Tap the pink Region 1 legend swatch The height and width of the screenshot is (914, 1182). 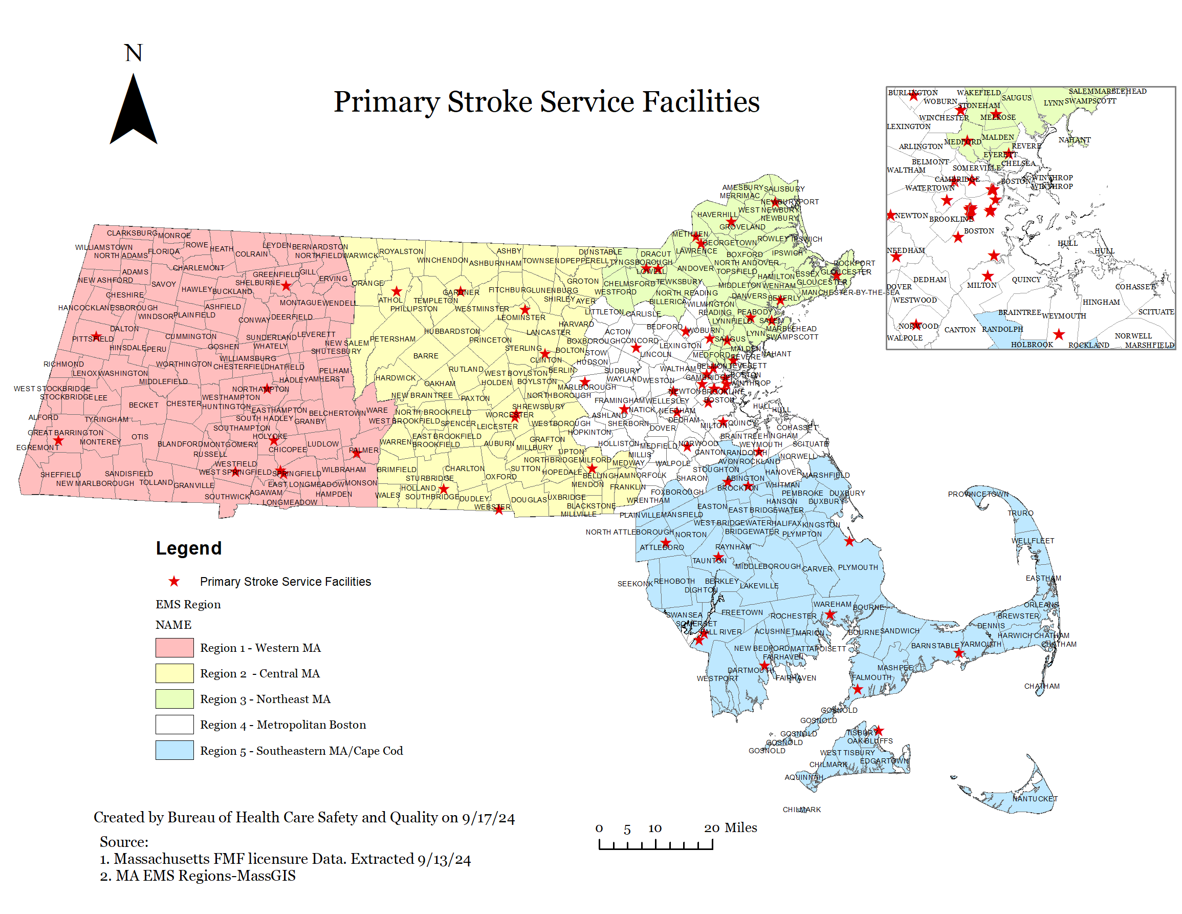coord(174,648)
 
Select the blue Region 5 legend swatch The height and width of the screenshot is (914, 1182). coord(174,750)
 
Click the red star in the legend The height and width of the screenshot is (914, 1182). coord(174,582)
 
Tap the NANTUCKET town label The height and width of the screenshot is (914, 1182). coord(1034,799)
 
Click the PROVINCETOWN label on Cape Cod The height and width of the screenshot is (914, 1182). coord(978,494)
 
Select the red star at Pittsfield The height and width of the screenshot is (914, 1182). coord(96,336)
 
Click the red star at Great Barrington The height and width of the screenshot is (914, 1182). coord(58,441)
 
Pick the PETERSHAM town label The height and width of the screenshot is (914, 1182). coord(392,339)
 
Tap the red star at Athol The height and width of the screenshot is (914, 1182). coord(397,291)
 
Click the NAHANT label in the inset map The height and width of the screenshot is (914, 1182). coord(1075,140)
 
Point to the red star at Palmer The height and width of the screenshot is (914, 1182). coord(356,453)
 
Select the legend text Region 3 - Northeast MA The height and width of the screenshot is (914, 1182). coord(265,699)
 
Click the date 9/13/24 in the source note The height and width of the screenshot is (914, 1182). coord(444,859)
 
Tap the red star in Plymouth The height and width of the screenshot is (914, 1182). coord(849,541)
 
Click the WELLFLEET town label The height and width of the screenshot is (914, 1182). coord(1033,540)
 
